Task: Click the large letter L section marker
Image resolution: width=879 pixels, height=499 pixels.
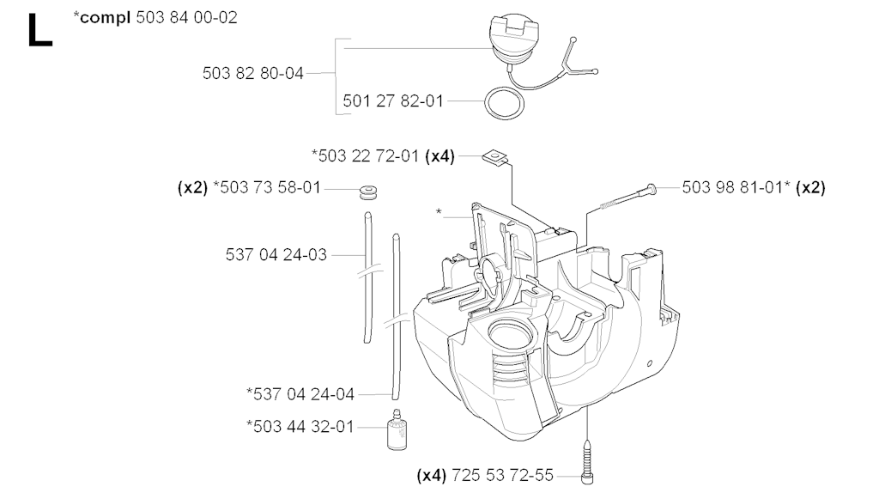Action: [x=39, y=30]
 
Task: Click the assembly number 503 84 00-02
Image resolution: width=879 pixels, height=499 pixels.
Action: [x=186, y=17]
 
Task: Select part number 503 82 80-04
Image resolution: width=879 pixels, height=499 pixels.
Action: [x=253, y=73]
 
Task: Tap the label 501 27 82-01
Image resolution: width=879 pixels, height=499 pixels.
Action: [x=393, y=101]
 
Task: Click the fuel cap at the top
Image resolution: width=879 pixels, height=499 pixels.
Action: [x=513, y=40]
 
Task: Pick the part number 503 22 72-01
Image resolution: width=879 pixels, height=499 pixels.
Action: [x=368, y=155]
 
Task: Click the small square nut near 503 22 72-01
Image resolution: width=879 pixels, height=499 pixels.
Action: [x=495, y=157]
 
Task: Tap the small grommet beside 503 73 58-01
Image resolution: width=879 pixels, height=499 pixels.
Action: [x=368, y=192]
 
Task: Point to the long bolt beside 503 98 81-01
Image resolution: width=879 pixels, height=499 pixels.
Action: [x=627, y=197]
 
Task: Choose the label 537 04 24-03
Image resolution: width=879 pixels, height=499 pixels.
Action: [x=276, y=255]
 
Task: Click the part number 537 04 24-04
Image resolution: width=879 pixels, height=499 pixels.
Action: [x=304, y=394]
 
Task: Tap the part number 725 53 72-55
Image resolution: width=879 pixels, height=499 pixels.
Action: [x=502, y=476]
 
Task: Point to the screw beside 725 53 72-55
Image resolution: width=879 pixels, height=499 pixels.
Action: [x=587, y=462]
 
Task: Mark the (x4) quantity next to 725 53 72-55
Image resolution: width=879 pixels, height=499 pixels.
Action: [x=432, y=476]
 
